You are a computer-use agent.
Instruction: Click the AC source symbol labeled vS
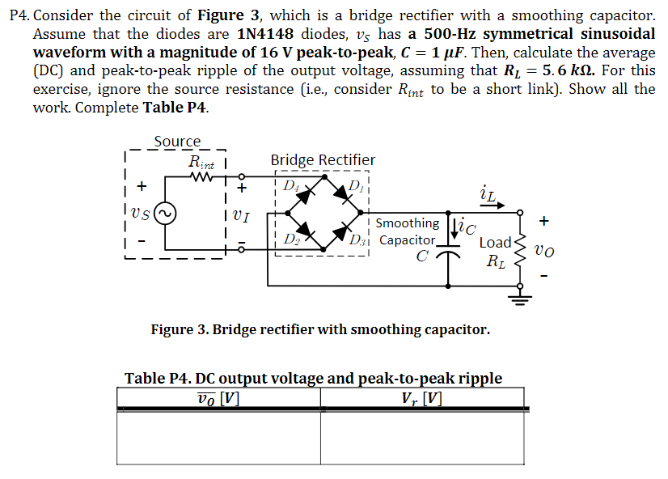pyautogui.click(x=166, y=215)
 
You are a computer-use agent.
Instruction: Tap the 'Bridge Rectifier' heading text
pyautogui.click(x=323, y=160)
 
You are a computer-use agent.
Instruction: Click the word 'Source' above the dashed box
pyautogui.click(x=176, y=142)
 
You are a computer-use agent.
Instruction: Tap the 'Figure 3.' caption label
pyautogui.click(x=180, y=329)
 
